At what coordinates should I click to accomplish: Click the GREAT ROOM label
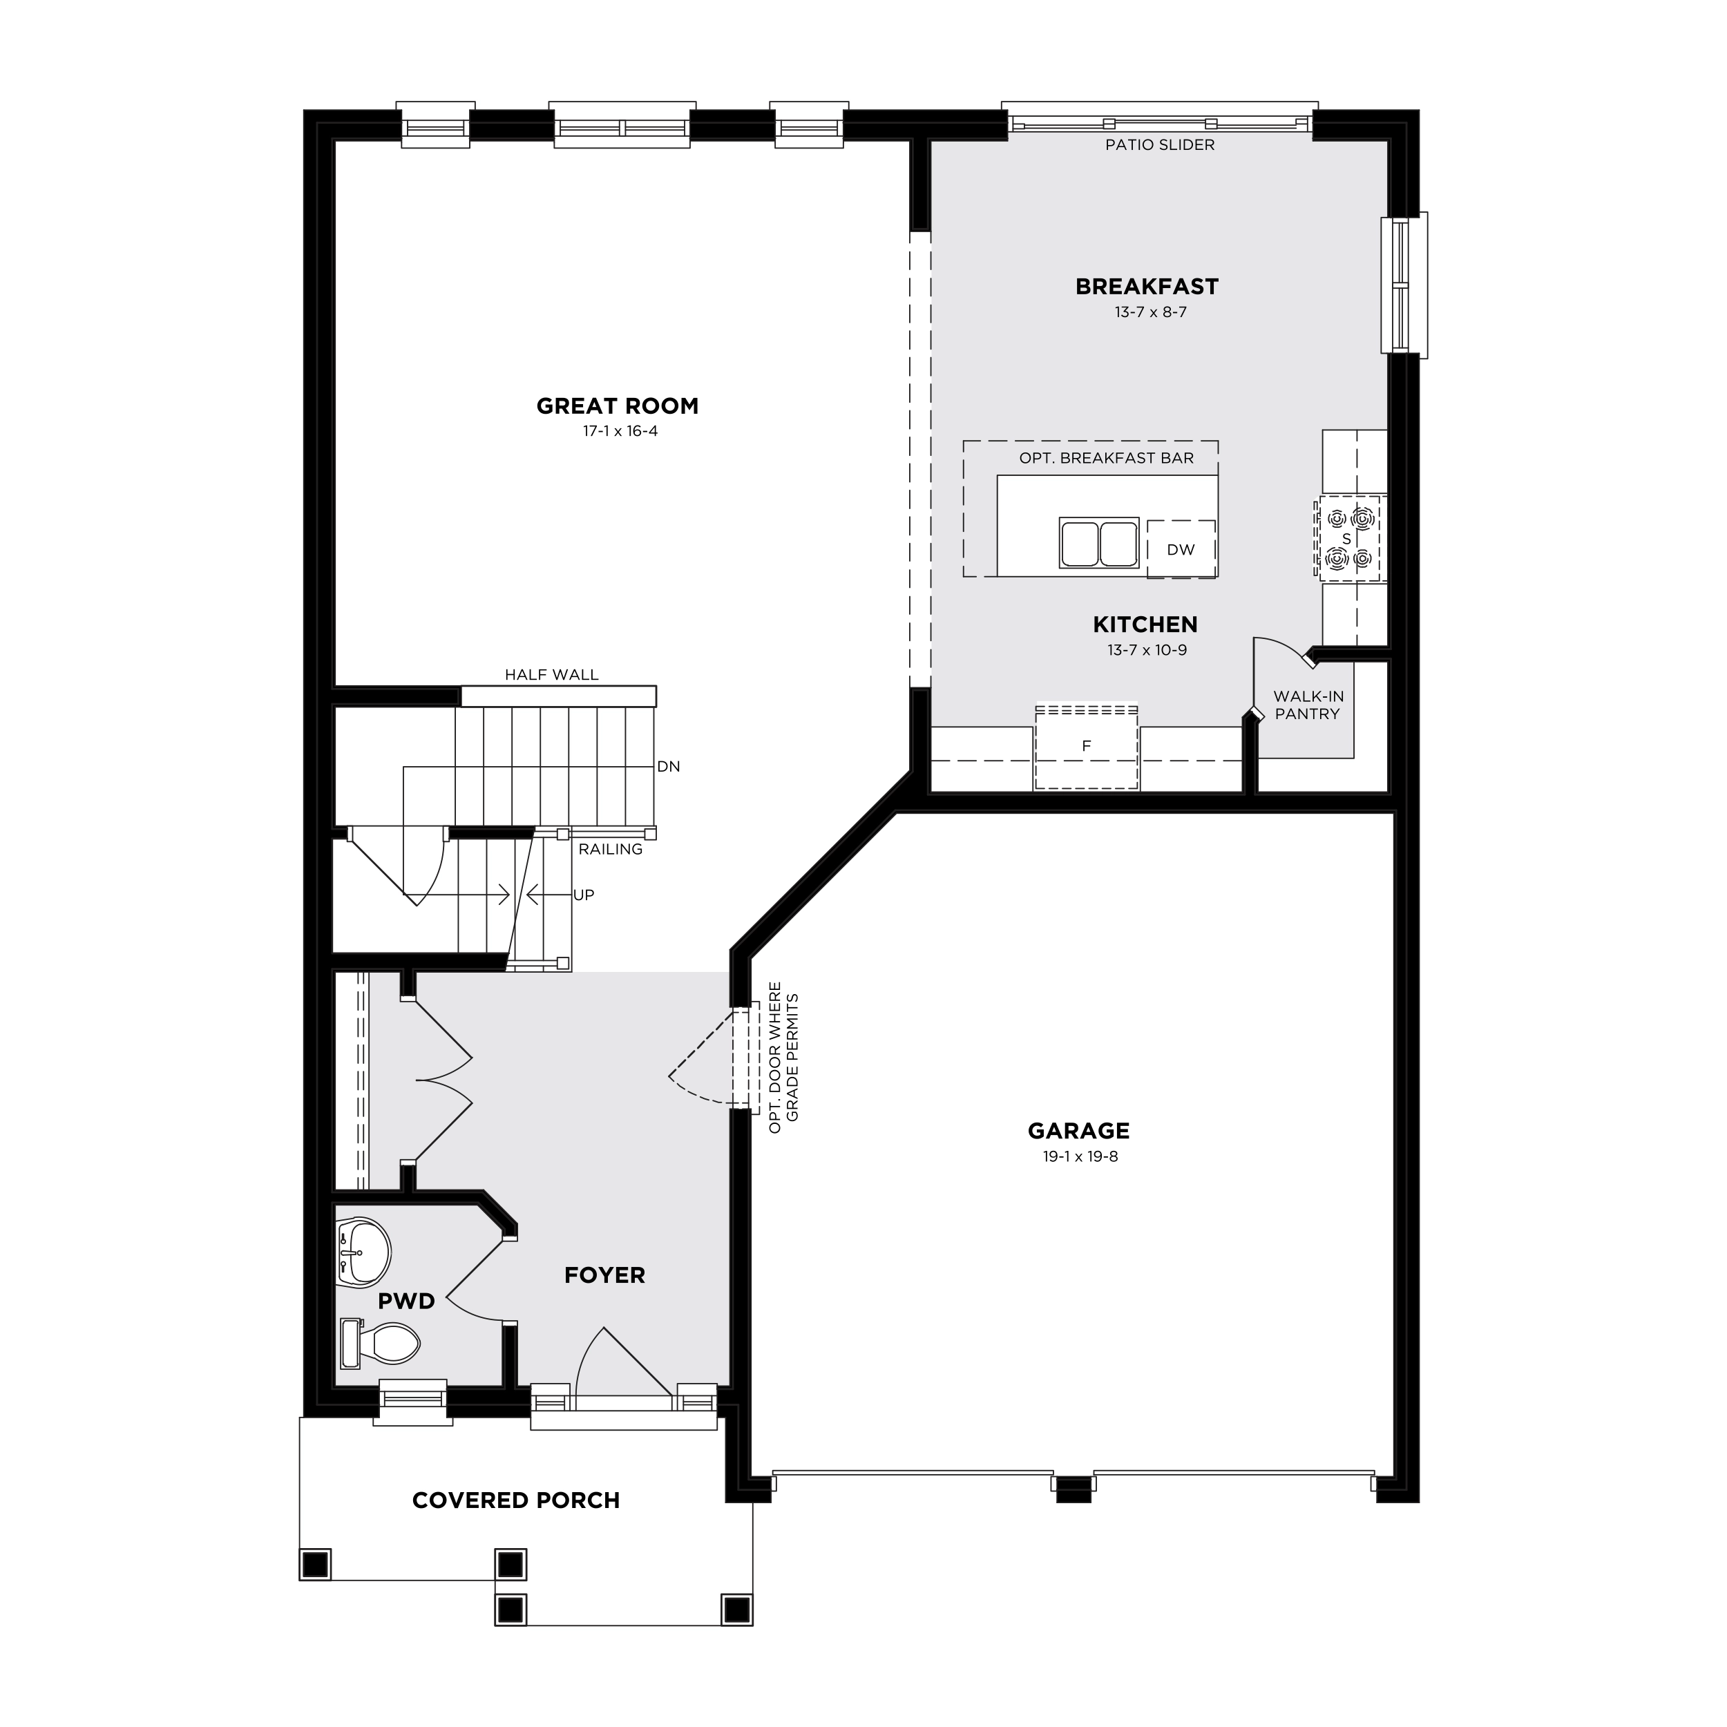coord(617,407)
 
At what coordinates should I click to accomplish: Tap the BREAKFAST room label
coord(1147,287)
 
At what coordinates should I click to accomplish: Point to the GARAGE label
coord(1079,1132)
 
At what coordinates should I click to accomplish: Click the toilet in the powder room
coord(381,1343)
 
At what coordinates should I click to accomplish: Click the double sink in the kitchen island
coord(1098,542)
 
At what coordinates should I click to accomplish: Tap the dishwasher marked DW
coord(1181,549)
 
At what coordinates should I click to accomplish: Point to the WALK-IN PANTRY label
coord(1308,705)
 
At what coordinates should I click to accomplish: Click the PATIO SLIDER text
coord(1159,145)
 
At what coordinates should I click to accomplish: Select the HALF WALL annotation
coord(551,675)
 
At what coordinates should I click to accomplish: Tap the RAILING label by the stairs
coord(611,849)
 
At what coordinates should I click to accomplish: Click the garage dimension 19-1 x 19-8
coord(1080,1156)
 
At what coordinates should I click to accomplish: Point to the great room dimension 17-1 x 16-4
coord(620,431)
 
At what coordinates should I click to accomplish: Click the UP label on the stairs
coord(584,895)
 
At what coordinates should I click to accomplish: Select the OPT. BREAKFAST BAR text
coord(1107,459)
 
